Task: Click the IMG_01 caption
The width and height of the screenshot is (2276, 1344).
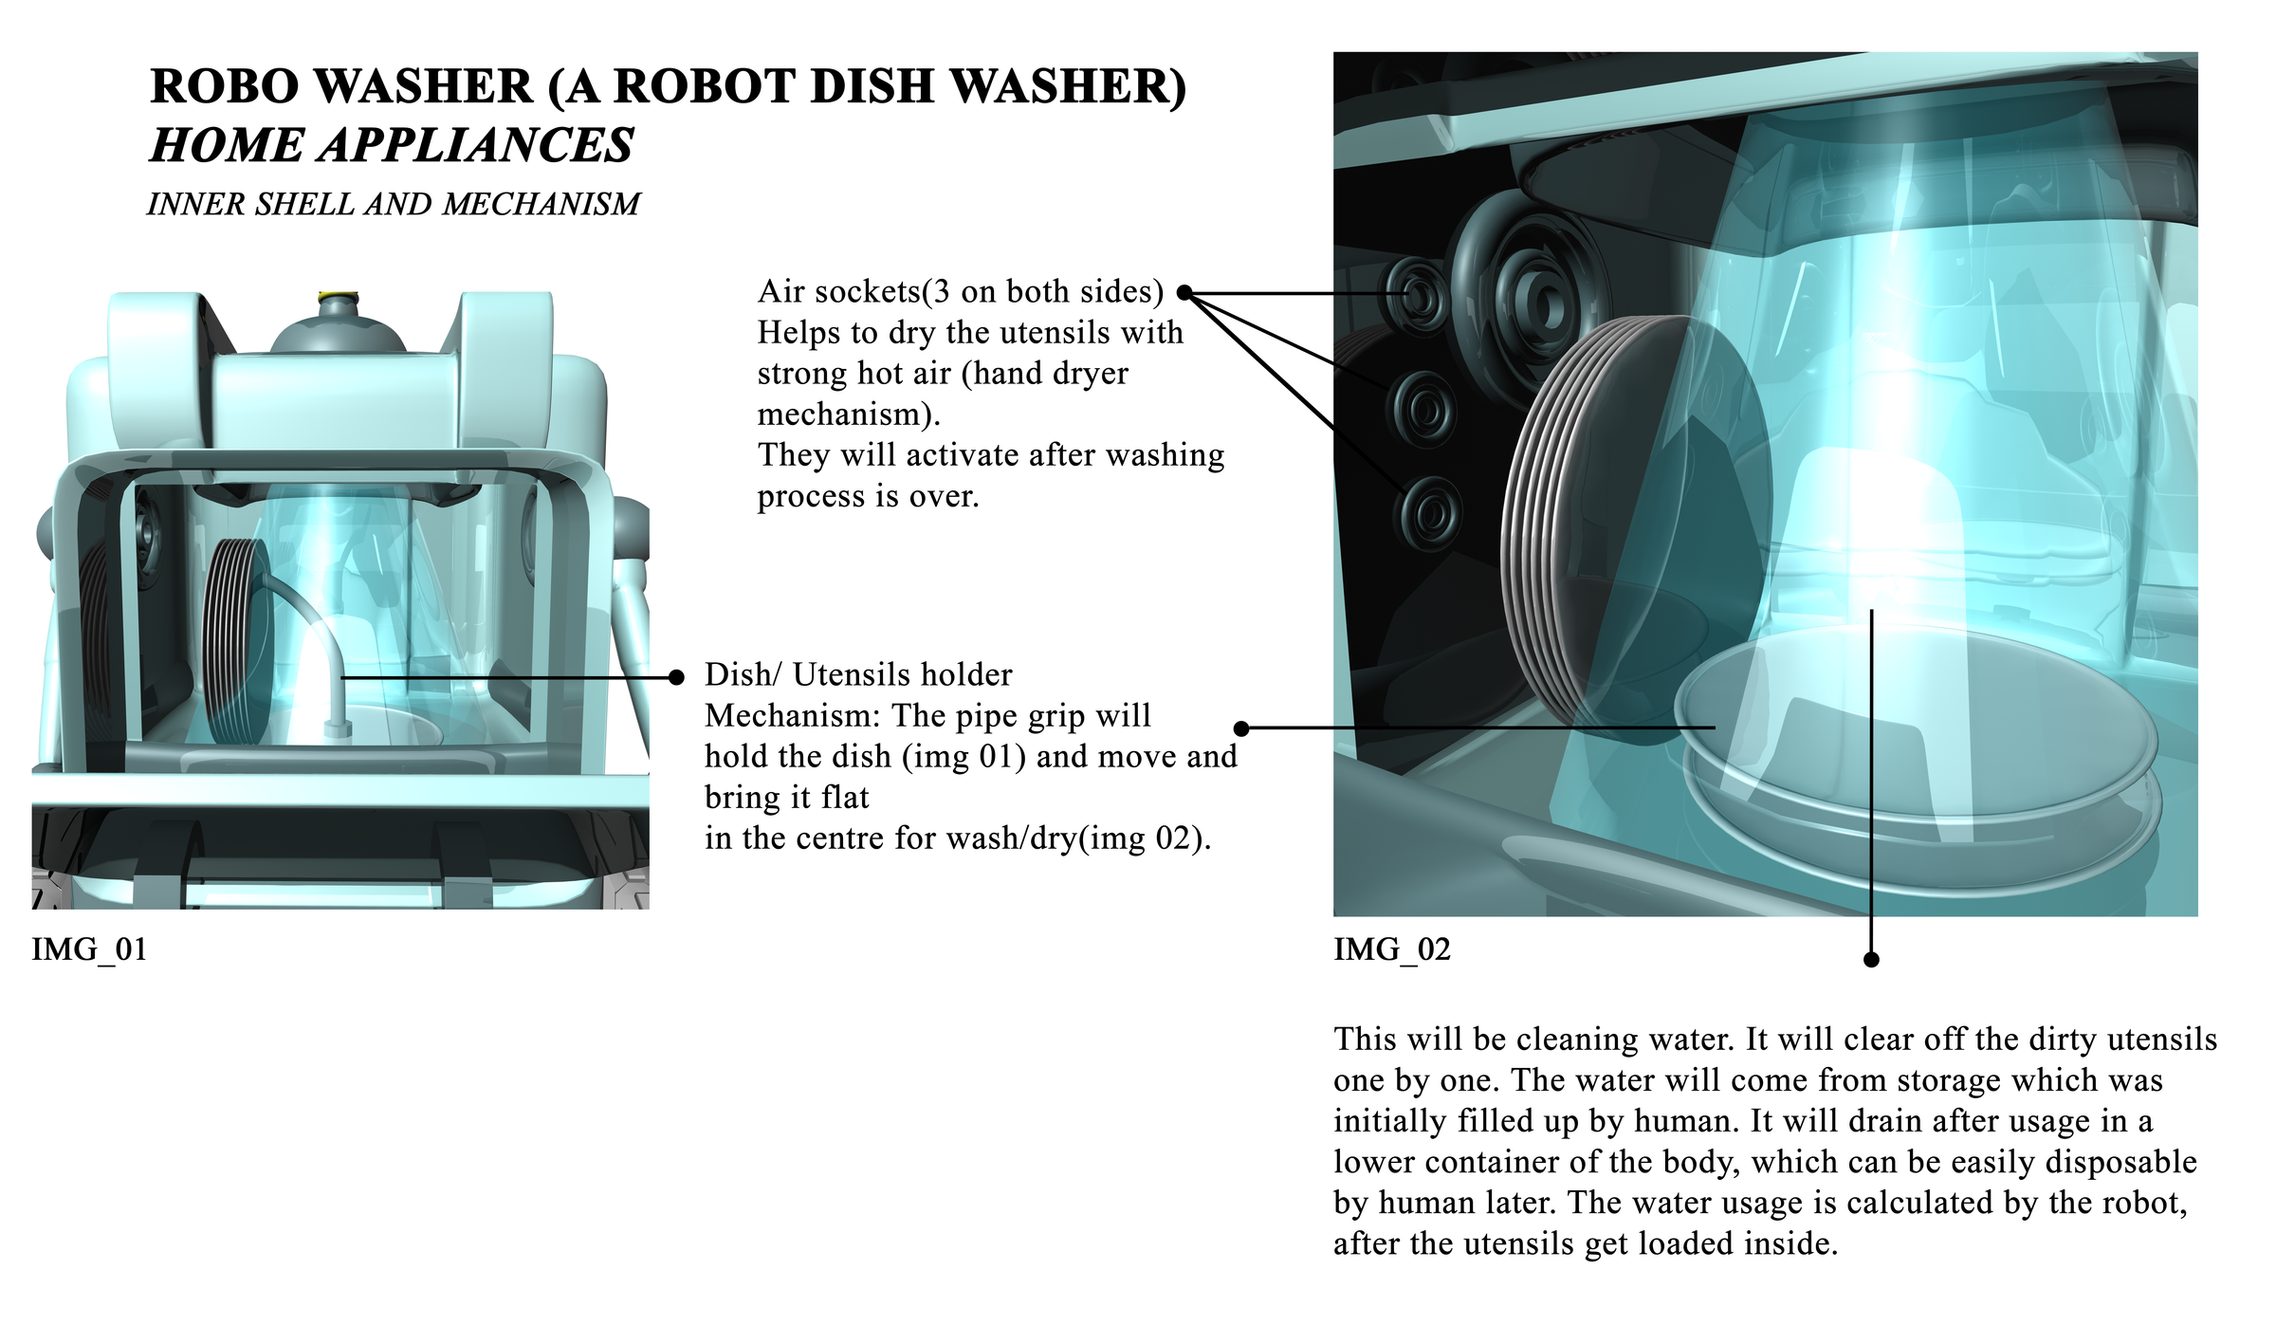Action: point(89,949)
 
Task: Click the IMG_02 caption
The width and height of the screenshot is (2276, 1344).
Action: point(1391,949)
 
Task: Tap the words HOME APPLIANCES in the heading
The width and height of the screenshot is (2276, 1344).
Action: point(392,146)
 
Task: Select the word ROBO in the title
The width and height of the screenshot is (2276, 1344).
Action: point(222,86)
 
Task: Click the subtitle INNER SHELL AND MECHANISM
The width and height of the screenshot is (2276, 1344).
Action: point(393,204)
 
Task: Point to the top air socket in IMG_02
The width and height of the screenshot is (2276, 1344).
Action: point(1420,297)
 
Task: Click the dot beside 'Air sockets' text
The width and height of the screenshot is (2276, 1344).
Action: point(1184,293)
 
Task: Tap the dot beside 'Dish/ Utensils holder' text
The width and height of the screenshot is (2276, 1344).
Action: point(676,677)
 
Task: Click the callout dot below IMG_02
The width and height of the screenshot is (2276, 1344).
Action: point(1871,960)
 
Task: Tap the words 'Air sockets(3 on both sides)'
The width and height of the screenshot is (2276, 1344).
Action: point(960,292)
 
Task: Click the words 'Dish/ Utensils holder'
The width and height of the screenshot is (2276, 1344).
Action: point(858,675)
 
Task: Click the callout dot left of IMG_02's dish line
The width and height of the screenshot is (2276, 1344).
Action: point(1241,728)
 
